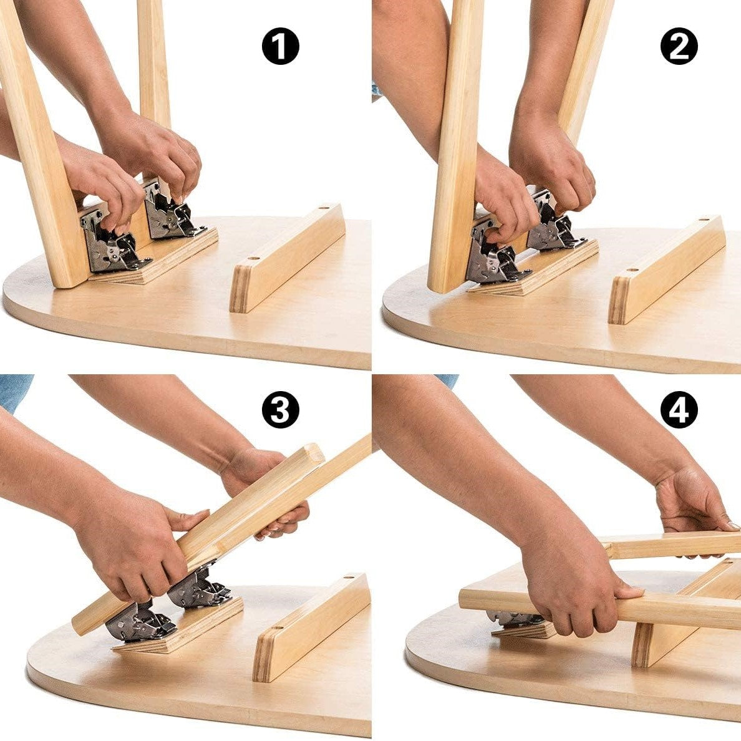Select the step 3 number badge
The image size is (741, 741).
point(281,410)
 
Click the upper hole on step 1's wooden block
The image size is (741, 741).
point(323,209)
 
